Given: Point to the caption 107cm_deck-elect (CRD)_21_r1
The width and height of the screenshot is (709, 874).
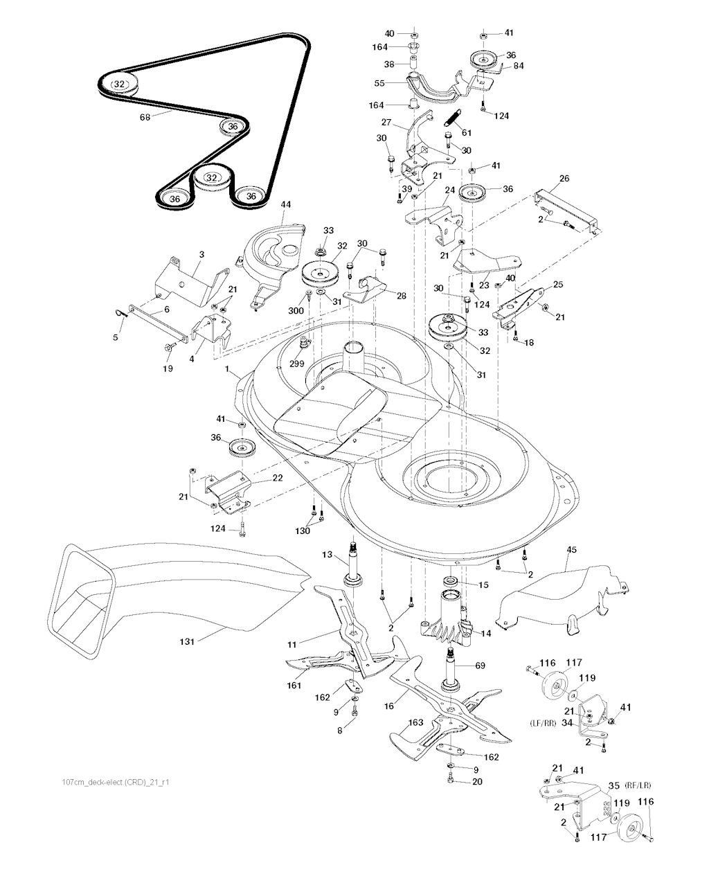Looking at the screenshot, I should [x=116, y=782].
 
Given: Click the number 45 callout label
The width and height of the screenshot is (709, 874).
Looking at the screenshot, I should [x=571, y=551].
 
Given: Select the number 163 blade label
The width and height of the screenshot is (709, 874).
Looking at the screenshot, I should [x=415, y=722].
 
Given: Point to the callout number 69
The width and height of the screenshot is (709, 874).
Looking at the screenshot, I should [x=480, y=666].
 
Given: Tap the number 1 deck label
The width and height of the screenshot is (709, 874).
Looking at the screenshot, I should [x=226, y=371].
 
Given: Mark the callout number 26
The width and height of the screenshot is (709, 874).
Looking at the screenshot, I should [x=564, y=178].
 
